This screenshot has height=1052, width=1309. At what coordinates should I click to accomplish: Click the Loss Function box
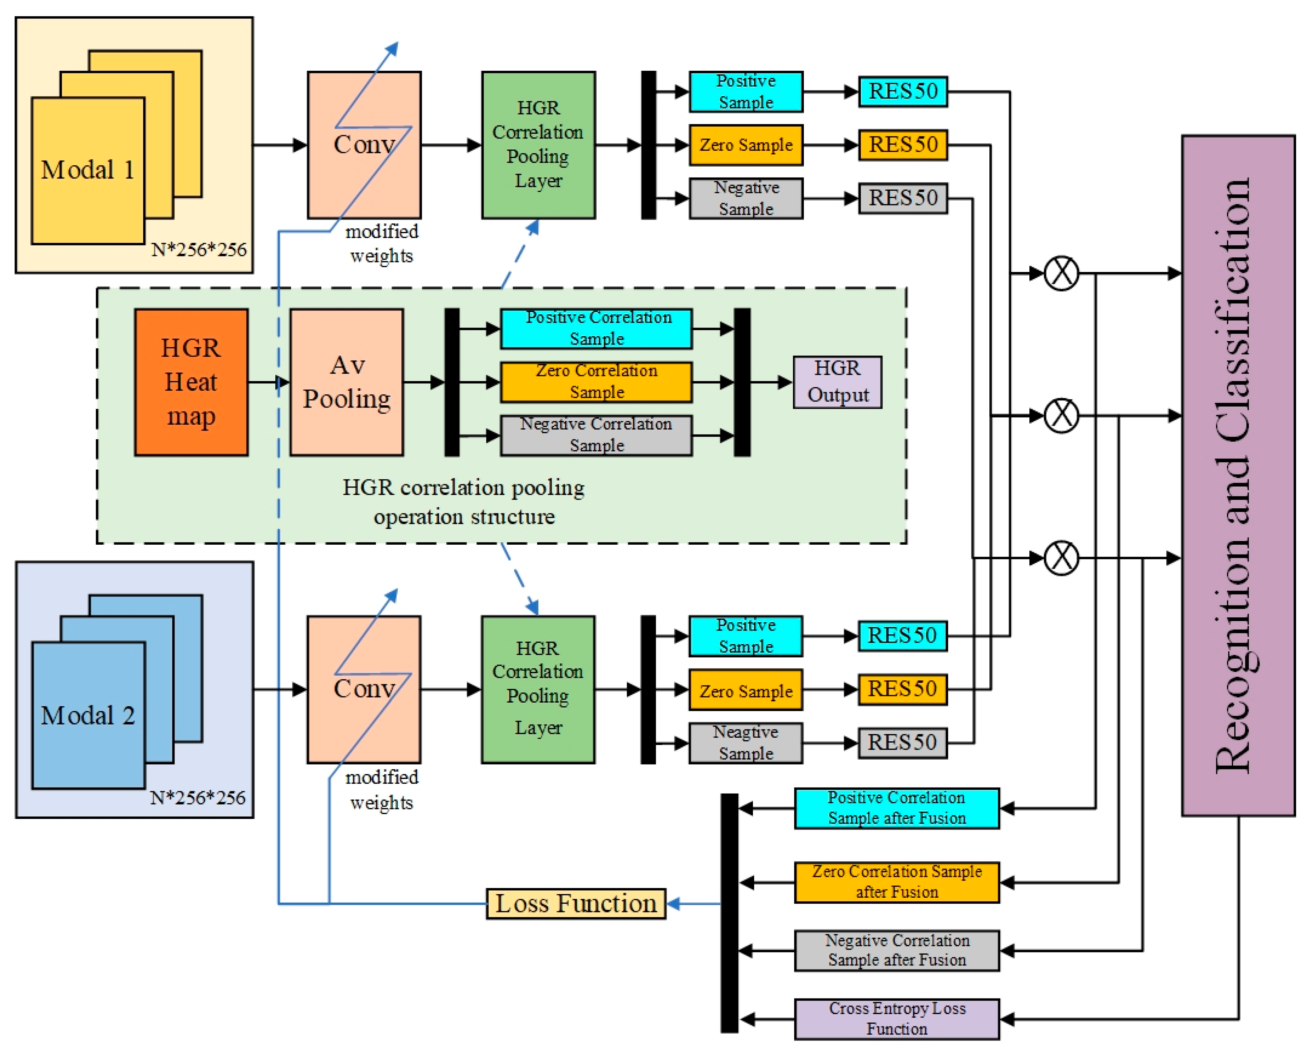pyautogui.click(x=575, y=903)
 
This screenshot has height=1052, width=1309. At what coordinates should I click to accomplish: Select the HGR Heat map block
pyautogui.click(x=191, y=382)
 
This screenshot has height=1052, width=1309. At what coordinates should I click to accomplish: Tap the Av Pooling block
pyautogui.click(x=347, y=382)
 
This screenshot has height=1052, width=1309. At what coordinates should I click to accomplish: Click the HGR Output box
pyautogui.click(x=837, y=382)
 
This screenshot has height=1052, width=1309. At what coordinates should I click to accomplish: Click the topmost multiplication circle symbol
pyautogui.click(x=1061, y=273)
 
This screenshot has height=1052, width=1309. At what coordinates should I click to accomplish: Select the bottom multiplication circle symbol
pyautogui.click(x=1061, y=557)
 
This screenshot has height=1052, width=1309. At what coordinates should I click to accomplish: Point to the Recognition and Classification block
pyautogui.click(x=1237, y=475)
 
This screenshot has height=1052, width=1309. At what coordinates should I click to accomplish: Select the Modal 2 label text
pyautogui.click(x=87, y=715)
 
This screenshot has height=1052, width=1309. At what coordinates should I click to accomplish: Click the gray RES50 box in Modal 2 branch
pyautogui.click(x=902, y=742)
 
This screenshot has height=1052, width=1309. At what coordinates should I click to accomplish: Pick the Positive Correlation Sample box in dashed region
pyautogui.click(x=596, y=329)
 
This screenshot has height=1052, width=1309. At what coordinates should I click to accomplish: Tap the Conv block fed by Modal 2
pyautogui.click(x=364, y=689)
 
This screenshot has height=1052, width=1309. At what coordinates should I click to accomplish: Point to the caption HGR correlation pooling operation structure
pyautogui.click(x=464, y=501)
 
